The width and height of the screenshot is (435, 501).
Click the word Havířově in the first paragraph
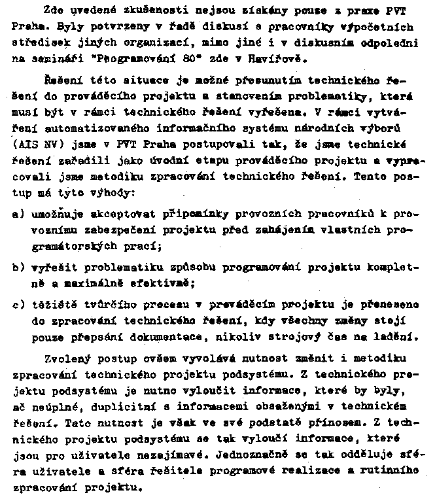[279, 60]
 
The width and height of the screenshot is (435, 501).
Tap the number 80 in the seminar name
[194, 60]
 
